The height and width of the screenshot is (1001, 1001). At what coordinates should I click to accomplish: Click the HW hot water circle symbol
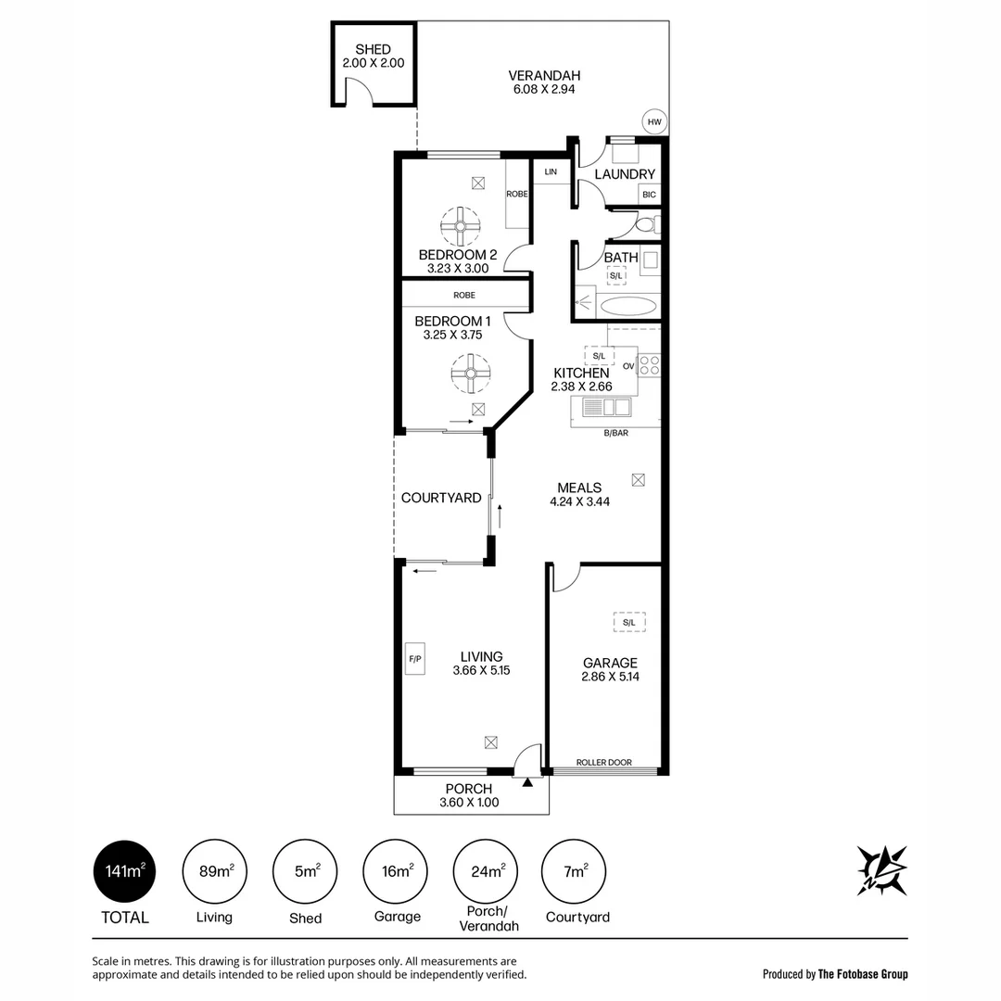pyautogui.click(x=654, y=121)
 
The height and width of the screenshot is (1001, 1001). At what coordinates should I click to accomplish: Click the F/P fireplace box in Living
pyautogui.click(x=414, y=659)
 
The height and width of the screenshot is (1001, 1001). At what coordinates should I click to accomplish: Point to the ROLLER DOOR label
pyautogui.click(x=603, y=763)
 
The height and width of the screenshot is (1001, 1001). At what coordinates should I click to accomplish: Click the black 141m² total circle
pyautogui.click(x=124, y=871)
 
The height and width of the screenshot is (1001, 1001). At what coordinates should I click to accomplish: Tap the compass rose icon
pyautogui.click(x=881, y=870)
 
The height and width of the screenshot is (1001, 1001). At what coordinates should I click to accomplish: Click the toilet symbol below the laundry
pyautogui.click(x=647, y=224)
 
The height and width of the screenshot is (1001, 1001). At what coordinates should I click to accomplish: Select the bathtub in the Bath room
pyautogui.click(x=628, y=306)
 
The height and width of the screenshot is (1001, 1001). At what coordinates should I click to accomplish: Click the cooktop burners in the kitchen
pyautogui.click(x=650, y=365)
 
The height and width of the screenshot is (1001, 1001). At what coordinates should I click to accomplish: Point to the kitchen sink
pyautogui.click(x=607, y=407)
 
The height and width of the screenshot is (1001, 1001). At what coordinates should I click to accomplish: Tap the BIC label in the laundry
pyautogui.click(x=649, y=195)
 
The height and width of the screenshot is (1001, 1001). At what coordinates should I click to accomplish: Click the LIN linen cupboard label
pyautogui.click(x=551, y=172)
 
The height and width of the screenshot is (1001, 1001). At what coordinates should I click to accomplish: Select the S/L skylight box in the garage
pyautogui.click(x=629, y=623)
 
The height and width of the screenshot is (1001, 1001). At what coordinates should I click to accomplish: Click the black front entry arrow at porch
pyautogui.click(x=527, y=783)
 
